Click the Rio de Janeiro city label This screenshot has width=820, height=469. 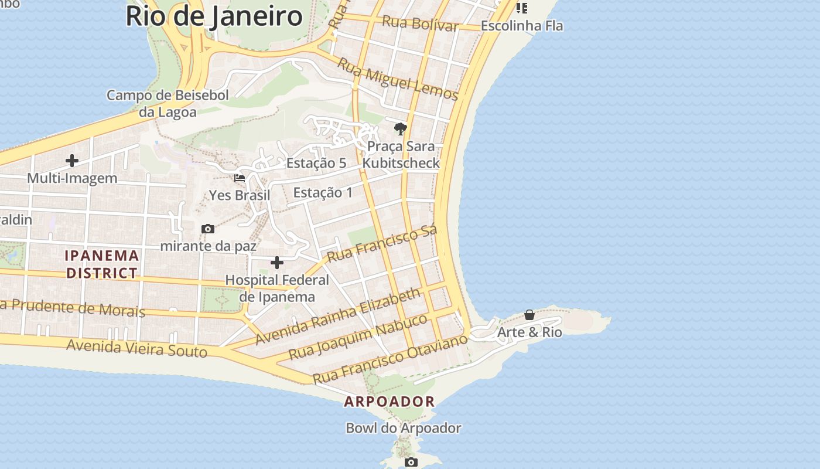tap(214, 16)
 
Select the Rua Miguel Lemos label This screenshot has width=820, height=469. tap(398, 79)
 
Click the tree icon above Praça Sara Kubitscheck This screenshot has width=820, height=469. tap(401, 129)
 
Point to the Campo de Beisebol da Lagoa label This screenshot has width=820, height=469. tap(168, 103)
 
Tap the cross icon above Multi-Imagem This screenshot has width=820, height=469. tap(72, 161)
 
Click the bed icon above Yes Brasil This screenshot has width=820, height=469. tap(240, 178)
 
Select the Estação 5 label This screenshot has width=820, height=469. tap(316, 163)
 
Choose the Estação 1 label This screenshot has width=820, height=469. tap(323, 192)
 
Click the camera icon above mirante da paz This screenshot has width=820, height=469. tap(207, 229)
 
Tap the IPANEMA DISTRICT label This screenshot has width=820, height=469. tap(102, 264)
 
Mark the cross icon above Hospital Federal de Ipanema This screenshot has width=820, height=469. tap(277, 263)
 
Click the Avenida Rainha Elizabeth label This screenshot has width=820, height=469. tap(338, 315)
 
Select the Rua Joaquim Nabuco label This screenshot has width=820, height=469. tap(358, 337)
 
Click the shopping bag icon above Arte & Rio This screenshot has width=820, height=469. tap(529, 315)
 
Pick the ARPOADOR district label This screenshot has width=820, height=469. tap(389, 402)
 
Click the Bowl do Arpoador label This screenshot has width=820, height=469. tap(404, 428)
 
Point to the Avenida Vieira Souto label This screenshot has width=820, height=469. tap(136, 348)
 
